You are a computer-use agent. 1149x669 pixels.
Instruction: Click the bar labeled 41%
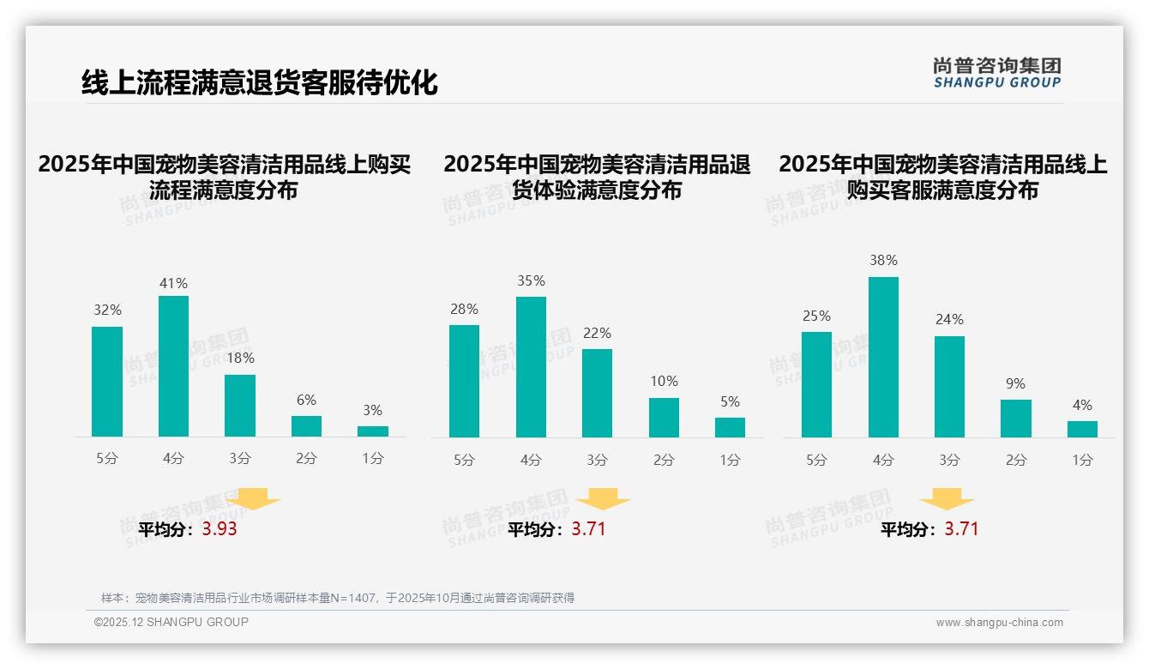point(173,366)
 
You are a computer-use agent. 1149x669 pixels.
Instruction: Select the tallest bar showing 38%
point(883,357)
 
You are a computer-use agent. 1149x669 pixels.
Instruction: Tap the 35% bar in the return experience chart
point(531,367)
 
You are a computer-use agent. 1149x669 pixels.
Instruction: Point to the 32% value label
point(107,310)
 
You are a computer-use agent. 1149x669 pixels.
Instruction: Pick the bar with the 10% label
point(664,418)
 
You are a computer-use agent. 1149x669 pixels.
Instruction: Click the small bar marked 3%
point(372,431)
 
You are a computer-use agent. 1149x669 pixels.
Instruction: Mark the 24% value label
point(949,320)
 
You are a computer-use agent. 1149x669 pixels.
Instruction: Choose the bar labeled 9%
point(1015,419)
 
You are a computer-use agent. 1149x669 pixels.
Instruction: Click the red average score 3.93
point(220,529)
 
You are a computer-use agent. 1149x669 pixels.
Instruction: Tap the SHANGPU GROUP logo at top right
point(996,73)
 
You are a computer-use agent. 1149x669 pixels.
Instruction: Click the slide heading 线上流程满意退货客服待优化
point(259,83)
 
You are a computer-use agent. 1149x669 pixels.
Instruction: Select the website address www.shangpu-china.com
point(999,623)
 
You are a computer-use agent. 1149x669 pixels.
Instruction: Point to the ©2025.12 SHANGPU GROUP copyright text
point(171,622)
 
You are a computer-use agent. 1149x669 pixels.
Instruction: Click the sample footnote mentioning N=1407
point(337,598)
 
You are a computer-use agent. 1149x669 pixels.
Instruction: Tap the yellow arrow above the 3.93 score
point(253,499)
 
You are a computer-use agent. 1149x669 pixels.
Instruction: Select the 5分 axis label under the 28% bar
point(464,460)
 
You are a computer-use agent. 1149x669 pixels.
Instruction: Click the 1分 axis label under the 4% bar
point(1082,460)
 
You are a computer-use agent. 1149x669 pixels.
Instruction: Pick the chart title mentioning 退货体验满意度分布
point(597,177)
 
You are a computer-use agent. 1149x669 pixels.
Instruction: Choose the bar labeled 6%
point(306,426)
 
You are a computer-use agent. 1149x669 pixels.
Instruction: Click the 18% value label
point(240,359)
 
